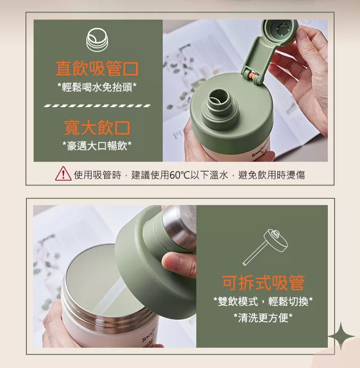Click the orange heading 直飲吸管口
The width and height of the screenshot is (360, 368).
coord(97,69)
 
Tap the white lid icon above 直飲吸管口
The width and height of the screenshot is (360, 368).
coord(97,39)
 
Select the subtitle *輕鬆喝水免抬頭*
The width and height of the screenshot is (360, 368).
coord(97,87)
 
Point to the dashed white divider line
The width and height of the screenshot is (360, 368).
coord(97,106)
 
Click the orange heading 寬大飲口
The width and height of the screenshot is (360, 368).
coord(97,128)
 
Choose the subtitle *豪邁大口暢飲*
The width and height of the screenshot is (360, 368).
coord(97,146)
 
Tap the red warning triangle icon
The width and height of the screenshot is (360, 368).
coord(63,174)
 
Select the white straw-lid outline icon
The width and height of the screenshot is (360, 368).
coord(265,246)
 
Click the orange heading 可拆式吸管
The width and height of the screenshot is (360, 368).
coord(263,282)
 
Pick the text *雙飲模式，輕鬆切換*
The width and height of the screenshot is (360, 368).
coord(263,301)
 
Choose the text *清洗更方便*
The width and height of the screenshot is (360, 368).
coord(263,318)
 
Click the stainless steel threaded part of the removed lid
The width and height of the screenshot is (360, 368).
coord(179,226)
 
